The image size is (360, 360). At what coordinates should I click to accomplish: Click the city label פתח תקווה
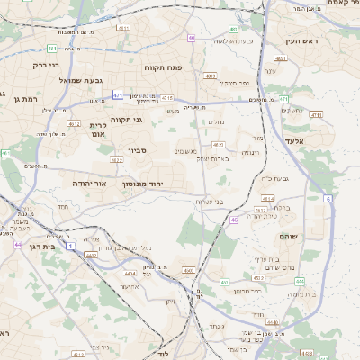click(162, 67)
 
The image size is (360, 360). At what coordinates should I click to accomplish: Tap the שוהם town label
click(323, 237)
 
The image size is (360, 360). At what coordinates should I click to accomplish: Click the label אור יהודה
click(90, 183)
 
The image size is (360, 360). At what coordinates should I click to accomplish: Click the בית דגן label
click(37, 245)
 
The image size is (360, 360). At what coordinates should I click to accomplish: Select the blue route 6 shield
click(328, 197)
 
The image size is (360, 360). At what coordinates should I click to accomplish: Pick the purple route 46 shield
click(235, 220)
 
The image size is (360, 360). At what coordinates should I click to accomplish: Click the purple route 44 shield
click(18, 244)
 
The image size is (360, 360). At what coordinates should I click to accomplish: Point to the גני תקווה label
click(127, 120)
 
